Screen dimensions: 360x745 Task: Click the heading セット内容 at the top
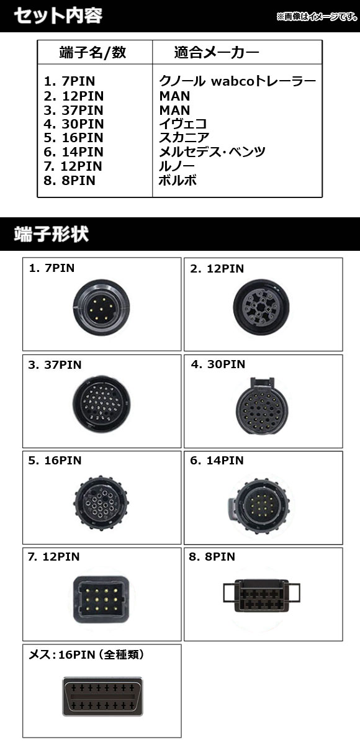58,16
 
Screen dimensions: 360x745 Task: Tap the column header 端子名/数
92,52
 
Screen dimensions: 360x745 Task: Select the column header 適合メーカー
217,52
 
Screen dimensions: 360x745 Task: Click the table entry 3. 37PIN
73,110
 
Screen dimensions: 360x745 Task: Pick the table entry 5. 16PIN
73,137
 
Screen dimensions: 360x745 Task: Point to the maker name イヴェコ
183,124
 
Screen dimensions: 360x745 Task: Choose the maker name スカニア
184,137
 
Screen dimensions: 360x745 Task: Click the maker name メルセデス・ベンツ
212,151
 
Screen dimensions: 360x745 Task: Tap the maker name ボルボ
178,180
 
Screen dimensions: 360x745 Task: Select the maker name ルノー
176,166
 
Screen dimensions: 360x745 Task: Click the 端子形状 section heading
51,234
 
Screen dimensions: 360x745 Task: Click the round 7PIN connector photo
101,307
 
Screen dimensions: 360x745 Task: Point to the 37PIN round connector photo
101,404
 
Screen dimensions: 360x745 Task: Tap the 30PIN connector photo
262,405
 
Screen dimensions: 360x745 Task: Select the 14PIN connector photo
259,505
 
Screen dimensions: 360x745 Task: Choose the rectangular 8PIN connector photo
261,595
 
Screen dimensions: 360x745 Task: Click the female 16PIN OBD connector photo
102,697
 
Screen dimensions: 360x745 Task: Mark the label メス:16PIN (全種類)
86,654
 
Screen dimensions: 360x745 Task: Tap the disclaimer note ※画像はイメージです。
317,16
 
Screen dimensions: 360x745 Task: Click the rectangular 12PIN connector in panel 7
101,600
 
